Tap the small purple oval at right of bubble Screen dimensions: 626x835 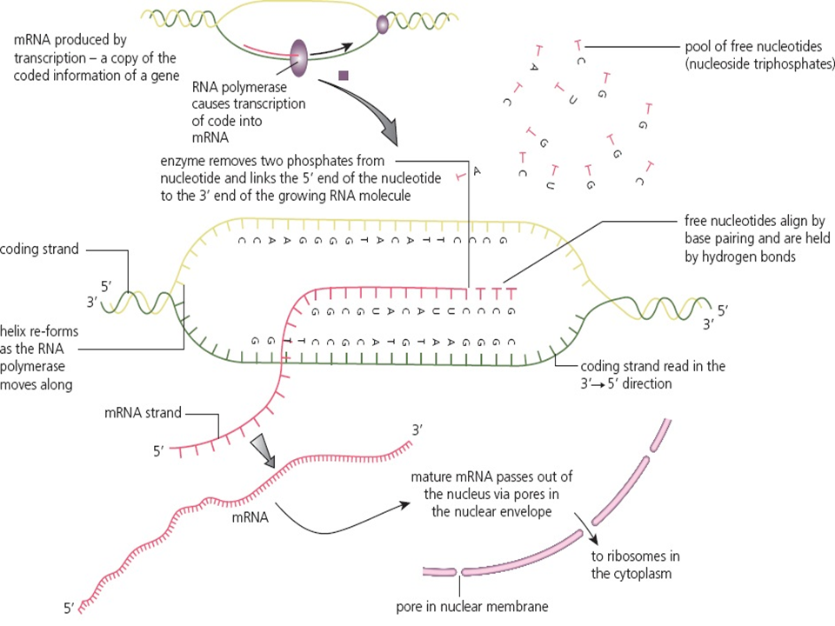[x=381, y=26]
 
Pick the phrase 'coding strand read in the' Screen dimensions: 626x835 [x=652, y=366]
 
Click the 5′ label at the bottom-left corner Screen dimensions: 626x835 [x=70, y=607]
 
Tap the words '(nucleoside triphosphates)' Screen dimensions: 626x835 [x=758, y=65]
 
